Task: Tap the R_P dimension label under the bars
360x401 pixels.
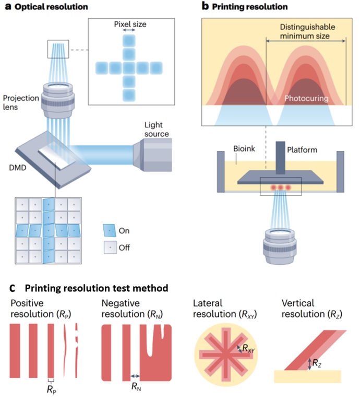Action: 52,388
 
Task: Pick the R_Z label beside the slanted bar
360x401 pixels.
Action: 318,360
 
